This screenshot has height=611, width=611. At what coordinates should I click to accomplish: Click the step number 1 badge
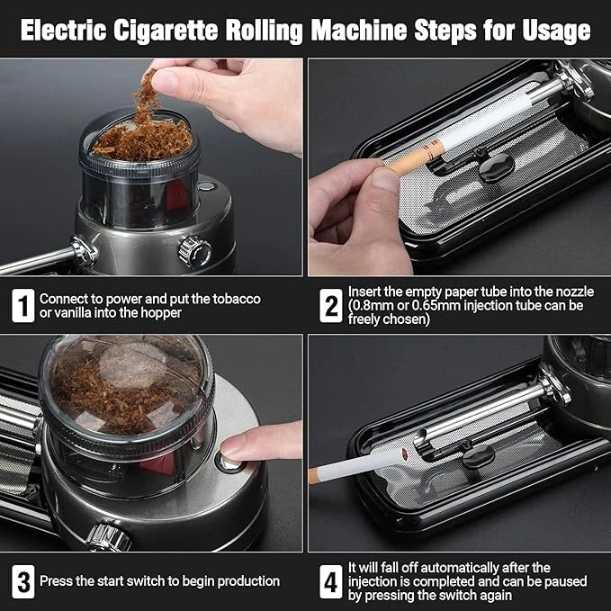click(23, 306)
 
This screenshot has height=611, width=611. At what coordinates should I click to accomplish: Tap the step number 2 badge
click(331, 306)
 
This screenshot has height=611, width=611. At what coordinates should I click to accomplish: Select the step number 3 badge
click(23, 581)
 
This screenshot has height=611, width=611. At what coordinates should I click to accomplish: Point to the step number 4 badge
click(331, 581)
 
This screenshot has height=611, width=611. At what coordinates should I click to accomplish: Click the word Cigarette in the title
click(166, 31)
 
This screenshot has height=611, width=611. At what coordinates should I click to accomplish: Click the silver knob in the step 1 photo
click(195, 252)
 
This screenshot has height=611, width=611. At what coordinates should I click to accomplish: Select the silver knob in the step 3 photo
click(109, 538)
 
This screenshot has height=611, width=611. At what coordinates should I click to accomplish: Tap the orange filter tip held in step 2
click(416, 157)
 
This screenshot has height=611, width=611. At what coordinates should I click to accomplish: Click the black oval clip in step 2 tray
click(497, 167)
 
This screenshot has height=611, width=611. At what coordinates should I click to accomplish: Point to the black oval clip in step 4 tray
click(478, 456)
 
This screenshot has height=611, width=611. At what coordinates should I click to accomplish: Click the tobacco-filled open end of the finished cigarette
click(405, 454)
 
